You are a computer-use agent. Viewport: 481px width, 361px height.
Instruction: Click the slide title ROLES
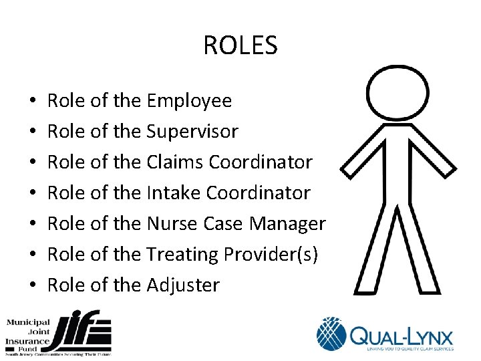coord(240,46)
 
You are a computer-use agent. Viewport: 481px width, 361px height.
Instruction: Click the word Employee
coord(189,101)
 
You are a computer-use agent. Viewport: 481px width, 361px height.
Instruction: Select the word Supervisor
coord(192,132)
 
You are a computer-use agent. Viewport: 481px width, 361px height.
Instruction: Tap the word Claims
coord(174,162)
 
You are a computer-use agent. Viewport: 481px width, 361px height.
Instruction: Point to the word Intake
coord(173,193)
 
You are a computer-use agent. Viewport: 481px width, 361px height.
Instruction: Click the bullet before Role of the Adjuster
coord(33,285)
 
